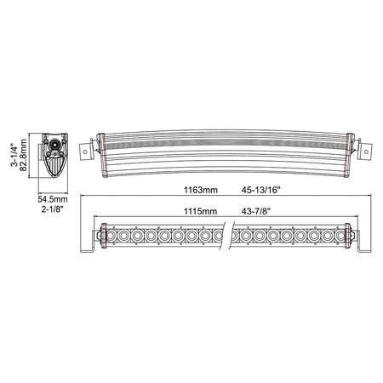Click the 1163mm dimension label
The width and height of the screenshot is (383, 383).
pos(201,190)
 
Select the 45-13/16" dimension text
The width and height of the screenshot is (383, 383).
pos(260,190)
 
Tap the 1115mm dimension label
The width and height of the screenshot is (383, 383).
pos(200,211)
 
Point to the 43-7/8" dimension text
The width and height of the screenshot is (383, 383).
pos(256,211)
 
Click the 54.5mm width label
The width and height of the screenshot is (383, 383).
pos(53,199)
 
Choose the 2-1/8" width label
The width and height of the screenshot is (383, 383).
pos(52,209)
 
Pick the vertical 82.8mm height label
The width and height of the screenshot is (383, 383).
pos(23,155)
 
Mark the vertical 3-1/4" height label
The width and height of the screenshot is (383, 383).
pos(14,156)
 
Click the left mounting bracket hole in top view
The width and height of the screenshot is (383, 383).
pos(85,151)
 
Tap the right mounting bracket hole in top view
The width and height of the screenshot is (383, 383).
pos(366,151)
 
